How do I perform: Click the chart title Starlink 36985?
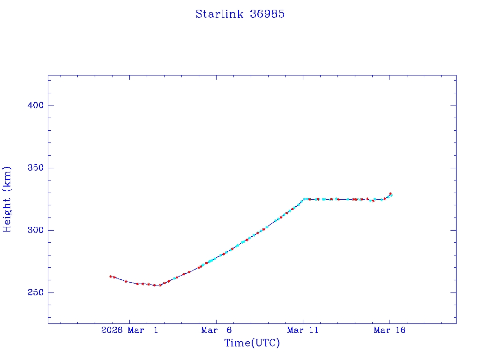[x=240, y=14]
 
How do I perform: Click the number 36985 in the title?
[x=268, y=14]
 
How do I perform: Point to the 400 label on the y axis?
[x=35, y=105]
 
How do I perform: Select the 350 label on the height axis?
[x=35, y=168]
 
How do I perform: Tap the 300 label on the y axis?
[x=35, y=230]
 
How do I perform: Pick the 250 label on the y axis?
[x=35, y=292]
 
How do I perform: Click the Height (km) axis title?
[x=7, y=199]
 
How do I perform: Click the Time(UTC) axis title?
[x=252, y=343]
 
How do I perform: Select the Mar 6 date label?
[x=217, y=330]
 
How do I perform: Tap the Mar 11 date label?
[x=303, y=330]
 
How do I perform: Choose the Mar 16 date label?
[x=390, y=330]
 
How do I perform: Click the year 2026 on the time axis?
[x=112, y=330]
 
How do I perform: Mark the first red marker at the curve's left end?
[x=111, y=277]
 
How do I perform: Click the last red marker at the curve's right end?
[x=390, y=194]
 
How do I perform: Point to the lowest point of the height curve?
[x=155, y=285]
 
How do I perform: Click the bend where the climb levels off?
[x=305, y=199]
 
